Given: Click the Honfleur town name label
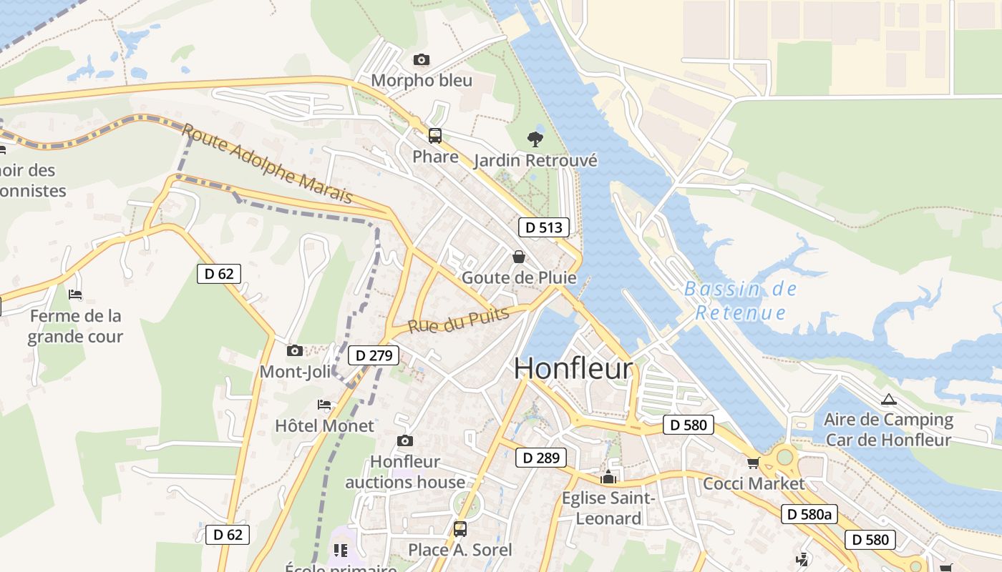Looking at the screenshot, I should (573, 369).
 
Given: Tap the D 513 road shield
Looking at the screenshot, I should (543, 227).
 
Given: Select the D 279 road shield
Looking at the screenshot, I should (373, 355).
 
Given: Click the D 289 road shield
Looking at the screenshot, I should (541, 458).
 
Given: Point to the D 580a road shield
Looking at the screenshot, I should (809, 513).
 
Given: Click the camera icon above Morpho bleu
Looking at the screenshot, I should (422, 59).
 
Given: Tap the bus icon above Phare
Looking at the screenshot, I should (435, 135).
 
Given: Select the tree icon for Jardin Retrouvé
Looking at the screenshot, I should (535, 139).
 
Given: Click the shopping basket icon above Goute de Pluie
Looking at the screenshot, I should (519, 256).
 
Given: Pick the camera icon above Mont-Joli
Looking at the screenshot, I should (294, 350).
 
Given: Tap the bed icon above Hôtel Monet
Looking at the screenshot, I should (324, 405).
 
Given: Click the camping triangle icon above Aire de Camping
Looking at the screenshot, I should (888, 399).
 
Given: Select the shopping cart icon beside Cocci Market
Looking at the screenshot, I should (753, 463).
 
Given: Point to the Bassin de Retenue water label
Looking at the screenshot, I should (741, 301).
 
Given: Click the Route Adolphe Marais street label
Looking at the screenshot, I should (267, 163).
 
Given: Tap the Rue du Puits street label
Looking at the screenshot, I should (458, 320).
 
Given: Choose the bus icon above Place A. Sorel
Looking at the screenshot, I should (460, 529).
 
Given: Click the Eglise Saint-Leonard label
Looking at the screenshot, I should (608, 508).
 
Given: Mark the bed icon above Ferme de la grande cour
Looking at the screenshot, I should (75, 295).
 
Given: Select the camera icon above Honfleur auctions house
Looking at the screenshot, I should (405, 440).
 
